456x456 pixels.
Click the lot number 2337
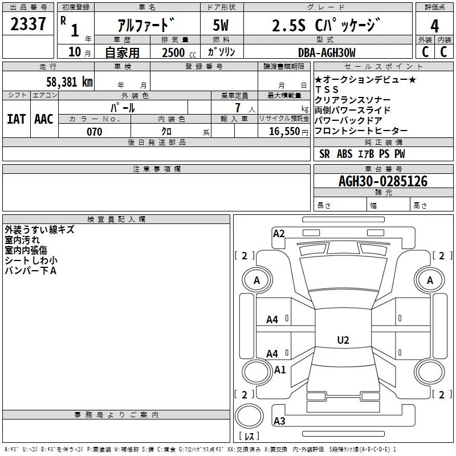coord(28,24)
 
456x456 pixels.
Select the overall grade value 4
coord(434,26)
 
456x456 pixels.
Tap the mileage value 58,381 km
coord(70,82)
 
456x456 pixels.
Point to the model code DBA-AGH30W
coord(327,52)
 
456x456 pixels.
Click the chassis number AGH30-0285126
coord(383,181)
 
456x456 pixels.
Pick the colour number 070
coord(95,132)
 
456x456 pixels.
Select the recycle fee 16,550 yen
coord(288,132)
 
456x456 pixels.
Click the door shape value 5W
coord(221,25)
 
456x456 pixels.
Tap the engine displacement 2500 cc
coord(179,52)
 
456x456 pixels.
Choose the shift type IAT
coord(17,119)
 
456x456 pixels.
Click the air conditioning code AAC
coord(44,119)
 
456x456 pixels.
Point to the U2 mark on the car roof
coord(343,340)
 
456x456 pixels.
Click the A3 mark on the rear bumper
coord(279,421)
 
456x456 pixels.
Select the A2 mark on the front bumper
coord(279,234)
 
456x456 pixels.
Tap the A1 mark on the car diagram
coord(280,369)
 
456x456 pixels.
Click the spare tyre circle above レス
coord(249,404)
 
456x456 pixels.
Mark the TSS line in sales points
coord(327,89)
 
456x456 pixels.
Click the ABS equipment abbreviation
coord(345,154)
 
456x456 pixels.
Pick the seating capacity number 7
coord(238,108)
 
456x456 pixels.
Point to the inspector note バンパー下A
coord(31,271)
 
